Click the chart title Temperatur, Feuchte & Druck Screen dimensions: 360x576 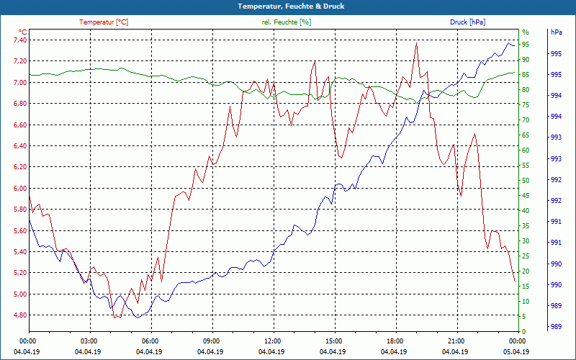(x=288, y=6)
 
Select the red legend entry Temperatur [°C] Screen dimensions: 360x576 (x=104, y=22)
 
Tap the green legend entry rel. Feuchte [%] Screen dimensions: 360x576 (x=286, y=22)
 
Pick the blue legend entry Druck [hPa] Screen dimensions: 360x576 (x=467, y=22)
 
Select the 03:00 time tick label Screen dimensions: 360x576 (x=89, y=341)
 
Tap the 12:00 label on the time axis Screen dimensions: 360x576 (x=272, y=341)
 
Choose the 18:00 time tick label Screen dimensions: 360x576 (x=395, y=341)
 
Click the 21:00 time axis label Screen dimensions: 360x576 (x=456, y=341)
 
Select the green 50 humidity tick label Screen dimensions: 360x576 (x=526, y=181)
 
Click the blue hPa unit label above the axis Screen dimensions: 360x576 (x=557, y=32)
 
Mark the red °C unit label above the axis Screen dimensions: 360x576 (x=22, y=32)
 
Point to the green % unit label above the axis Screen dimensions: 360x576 (x=525, y=32)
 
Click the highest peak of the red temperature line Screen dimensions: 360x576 (x=416, y=42)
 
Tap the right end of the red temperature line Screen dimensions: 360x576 (x=515, y=282)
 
